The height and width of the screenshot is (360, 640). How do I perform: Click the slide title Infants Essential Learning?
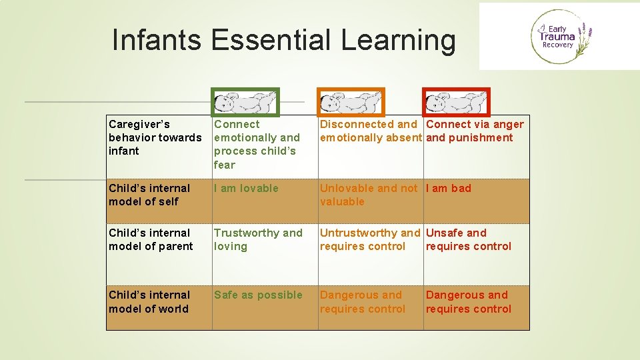[x=284, y=40]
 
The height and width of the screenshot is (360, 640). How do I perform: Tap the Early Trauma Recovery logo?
[x=559, y=37]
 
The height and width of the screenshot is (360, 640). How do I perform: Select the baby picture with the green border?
[x=245, y=102]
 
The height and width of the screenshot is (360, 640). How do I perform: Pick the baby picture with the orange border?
[x=351, y=102]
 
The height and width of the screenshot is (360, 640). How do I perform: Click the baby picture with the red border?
[x=457, y=102]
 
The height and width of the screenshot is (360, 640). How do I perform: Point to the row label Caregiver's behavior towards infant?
[x=155, y=137]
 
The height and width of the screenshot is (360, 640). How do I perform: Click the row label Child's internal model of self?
[x=149, y=195]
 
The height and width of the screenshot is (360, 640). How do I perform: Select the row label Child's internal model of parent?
[x=151, y=239]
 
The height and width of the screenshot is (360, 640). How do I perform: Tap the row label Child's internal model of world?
[x=149, y=301]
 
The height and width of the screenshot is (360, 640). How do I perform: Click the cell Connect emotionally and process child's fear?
[x=257, y=144]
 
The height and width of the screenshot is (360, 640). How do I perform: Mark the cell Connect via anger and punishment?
[x=474, y=131]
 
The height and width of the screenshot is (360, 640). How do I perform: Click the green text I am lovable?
[x=246, y=188]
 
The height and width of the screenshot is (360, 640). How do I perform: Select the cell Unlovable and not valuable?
[x=368, y=195]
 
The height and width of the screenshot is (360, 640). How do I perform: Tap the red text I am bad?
[x=448, y=188]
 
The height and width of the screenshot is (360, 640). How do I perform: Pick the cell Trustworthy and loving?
[x=257, y=239]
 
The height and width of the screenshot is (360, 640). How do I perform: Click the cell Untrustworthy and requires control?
[x=369, y=239]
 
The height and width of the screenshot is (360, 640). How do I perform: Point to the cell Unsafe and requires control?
[x=468, y=239]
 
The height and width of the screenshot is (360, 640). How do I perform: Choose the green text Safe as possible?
[x=257, y=295]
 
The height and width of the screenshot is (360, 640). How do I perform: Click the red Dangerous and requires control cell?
[x=468, y=301]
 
